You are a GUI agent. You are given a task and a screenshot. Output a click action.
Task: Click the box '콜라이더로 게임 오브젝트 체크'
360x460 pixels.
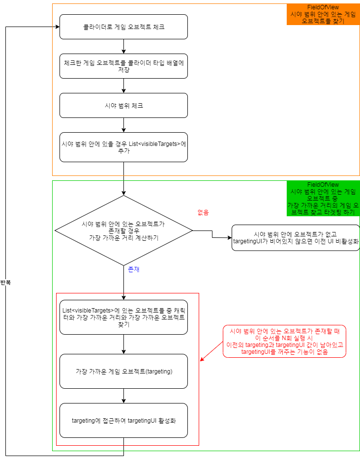(x=123, y=27)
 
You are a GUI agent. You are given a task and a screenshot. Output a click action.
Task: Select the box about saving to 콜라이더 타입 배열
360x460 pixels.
(x=123, y=66)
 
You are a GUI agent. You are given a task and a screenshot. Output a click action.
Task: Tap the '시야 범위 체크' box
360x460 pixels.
(x=123, y=105)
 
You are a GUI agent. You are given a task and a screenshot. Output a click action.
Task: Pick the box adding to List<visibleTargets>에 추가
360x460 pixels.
(x=123, y=147)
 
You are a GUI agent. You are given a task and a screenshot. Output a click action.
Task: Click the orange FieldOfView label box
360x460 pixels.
(x=323, y=14)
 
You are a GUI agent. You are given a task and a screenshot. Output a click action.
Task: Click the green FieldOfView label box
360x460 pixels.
(x=323, y=199)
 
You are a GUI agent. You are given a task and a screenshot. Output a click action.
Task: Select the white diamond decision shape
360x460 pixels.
(x=123, y=230)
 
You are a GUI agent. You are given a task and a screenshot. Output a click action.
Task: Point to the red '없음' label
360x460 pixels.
(x=203, y=212)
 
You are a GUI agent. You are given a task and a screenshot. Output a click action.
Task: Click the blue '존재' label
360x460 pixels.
(x=134, y=270)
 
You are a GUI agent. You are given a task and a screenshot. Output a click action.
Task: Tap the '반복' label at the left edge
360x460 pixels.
(x=6, y=283)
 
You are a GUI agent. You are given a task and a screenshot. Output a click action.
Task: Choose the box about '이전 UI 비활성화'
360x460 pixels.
(x=296, y=238)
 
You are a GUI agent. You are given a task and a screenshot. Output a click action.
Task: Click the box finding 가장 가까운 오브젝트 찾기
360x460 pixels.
(x=123, y=317)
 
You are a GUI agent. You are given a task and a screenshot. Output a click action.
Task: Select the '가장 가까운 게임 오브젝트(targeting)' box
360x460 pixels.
(x=123, y=371)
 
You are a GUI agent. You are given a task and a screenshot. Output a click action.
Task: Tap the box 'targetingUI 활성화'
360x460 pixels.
(x=123, y=421)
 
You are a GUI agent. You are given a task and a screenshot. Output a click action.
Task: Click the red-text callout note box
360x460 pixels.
(x=285, y=342)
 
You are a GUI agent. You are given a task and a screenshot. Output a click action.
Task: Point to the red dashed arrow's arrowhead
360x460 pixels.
(x=201, y=361)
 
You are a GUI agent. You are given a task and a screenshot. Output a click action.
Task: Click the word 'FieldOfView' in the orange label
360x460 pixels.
(x=323, y=7)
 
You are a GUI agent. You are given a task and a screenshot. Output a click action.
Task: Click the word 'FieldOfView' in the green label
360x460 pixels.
(x=323, y=185)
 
